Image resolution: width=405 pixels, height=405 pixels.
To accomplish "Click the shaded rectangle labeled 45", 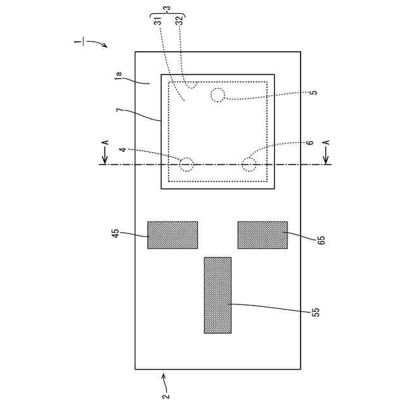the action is point(173,235).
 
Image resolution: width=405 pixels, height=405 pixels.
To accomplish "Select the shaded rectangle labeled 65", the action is point(263,235).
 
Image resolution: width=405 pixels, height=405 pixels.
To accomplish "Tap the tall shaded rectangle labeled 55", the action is point(218,295).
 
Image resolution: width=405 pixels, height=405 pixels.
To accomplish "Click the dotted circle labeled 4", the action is point(186,165).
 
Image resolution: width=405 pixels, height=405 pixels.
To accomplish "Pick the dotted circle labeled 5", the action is point(218,96).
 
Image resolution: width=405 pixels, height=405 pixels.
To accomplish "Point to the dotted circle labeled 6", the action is point(248,165).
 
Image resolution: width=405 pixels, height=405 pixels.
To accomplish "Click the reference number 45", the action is point(116,234).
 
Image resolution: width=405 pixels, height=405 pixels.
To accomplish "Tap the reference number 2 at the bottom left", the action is point(165,396).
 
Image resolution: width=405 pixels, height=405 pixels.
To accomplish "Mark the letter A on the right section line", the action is point(327,143).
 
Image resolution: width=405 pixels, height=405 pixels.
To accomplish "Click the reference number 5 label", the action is point(314,92).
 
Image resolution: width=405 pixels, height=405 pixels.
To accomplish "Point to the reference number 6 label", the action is point(310,143).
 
